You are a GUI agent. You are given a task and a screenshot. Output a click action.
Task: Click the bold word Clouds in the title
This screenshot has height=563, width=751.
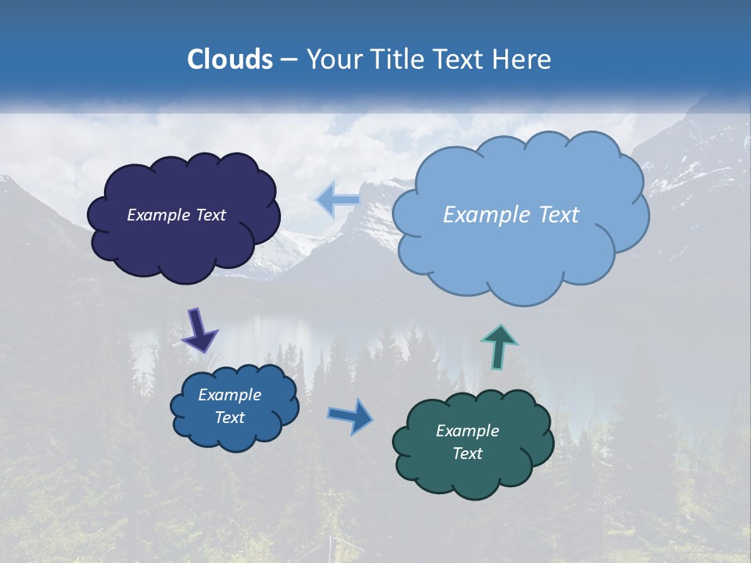pos(229,59)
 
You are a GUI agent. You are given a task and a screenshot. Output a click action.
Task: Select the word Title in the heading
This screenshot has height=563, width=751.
pos(395,59)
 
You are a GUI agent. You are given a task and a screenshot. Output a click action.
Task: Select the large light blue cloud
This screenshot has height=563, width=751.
pos(520,258)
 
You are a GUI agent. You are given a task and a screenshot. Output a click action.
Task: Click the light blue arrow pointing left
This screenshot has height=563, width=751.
pos(338,200)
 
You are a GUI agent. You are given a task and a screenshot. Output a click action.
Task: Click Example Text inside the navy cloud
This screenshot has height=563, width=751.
pos(176,215)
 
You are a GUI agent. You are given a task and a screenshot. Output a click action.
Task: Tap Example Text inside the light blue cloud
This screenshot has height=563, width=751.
pos(511,215)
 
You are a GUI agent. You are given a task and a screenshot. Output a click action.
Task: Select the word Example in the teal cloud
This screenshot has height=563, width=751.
pos(467,431)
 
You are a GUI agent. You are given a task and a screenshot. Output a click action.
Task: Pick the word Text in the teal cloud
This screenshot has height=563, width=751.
pos(467,454)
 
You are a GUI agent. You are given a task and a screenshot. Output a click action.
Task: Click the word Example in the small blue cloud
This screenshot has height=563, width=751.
pos(229,395)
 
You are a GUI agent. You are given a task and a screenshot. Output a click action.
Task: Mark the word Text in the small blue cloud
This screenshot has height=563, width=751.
pos(229,418)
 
